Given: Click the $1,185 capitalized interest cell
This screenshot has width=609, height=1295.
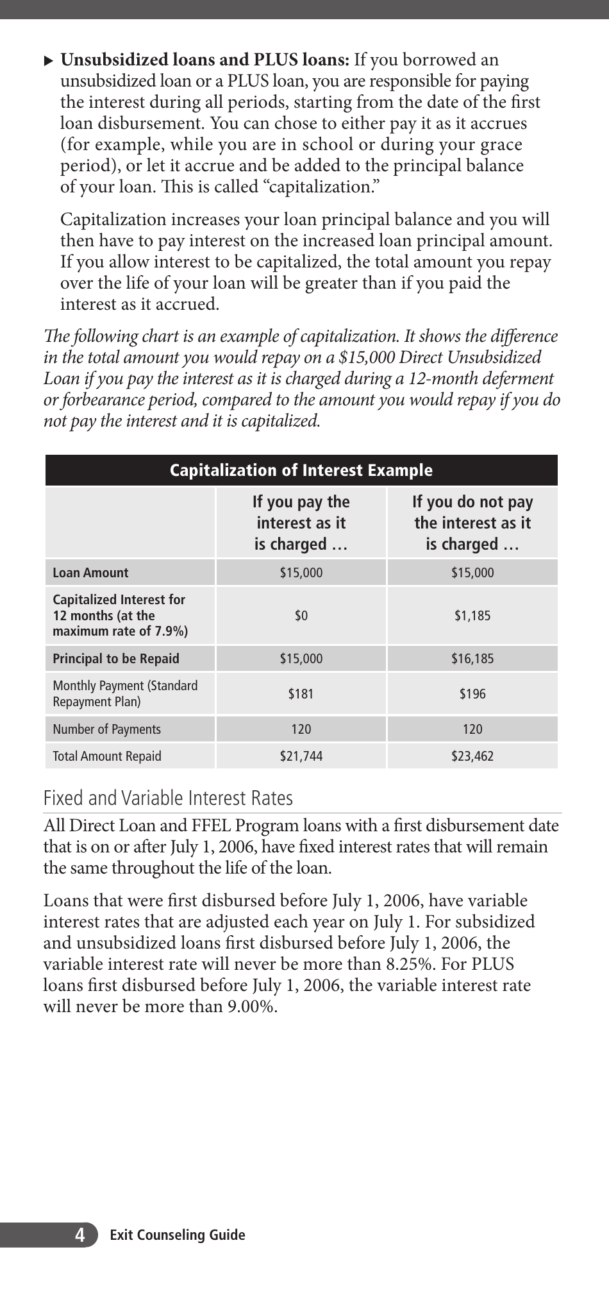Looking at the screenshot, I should click(x=472, y=616).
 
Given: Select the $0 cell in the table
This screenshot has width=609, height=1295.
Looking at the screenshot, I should click(x=301, y=616).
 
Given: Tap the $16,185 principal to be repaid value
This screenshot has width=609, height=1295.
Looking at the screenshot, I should click(x=472, y=659).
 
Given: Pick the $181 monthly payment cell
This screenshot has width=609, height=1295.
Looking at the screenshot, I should click(x=301, y=693).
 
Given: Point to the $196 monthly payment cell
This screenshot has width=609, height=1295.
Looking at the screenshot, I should click(x=472, y=693).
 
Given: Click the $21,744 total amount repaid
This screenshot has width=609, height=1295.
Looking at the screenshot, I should click(x=301, y=756).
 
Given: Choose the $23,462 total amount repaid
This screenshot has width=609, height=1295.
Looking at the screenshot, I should click(x=472, y=756).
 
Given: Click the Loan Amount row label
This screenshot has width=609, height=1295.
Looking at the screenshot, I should click(x=90, y=573).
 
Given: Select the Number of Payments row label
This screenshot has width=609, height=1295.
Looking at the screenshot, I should click(x=106, y=729).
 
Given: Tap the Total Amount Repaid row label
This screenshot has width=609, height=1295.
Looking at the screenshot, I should click(x=106, y=756).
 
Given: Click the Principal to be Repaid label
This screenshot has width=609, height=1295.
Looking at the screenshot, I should click(x=116, y=659).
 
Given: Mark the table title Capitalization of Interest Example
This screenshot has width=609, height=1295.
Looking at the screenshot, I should click(x=301, y=470).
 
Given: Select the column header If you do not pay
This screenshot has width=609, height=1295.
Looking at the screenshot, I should click(x=472, y=502).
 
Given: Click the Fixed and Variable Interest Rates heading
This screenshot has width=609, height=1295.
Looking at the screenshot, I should click(x=168, y=798).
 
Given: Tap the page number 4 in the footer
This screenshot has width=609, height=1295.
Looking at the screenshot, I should click(x=79, y=1235).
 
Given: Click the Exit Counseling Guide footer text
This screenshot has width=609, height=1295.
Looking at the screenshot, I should click(x=178, y=1235).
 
